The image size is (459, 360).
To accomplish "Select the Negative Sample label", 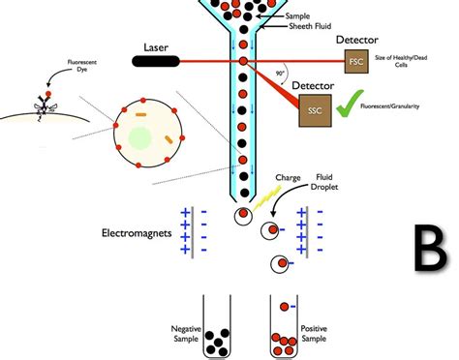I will (x=185, y=334).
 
